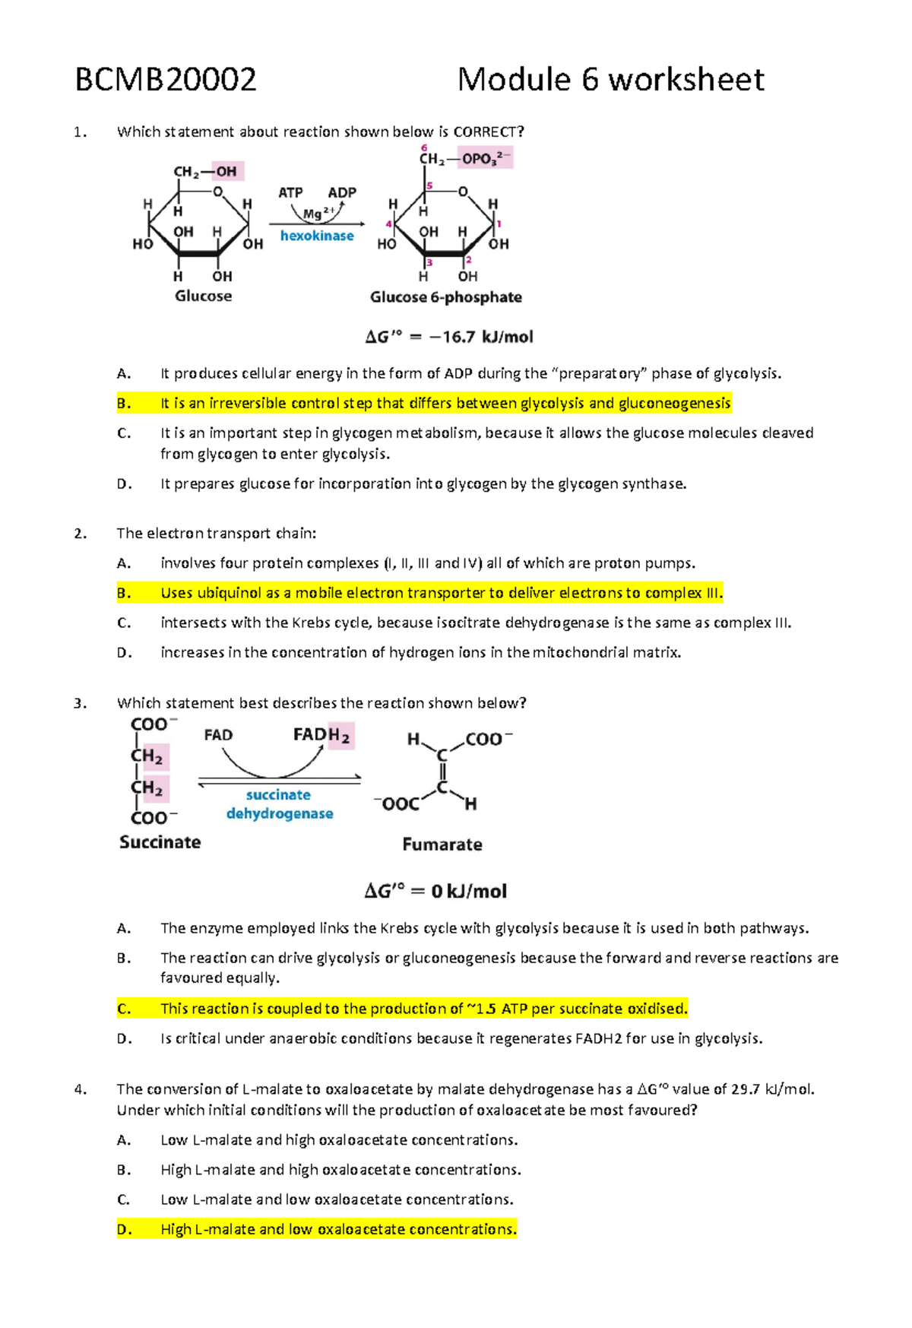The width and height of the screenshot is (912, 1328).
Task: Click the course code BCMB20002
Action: [x=166, y=80]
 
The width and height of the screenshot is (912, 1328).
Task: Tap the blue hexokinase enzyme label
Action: [x=317, y=236]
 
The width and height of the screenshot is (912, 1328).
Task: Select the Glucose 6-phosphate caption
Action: [x=445, y=297]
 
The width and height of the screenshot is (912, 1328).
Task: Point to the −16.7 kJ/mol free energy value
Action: [x=481, y=337]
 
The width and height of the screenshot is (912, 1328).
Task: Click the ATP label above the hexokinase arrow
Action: [x=290, y=192]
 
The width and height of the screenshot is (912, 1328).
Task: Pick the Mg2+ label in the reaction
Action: [x=318, y=214]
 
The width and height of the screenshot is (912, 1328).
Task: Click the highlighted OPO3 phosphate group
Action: [x=486, y=159]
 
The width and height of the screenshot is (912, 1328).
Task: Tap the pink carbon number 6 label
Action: [x=424, y=147]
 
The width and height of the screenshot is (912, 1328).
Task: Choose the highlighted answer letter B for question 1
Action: [x=124, y=404]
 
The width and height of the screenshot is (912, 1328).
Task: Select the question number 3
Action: [x=80, y=703]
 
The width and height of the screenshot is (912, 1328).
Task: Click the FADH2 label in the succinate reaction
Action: [x=322, y=735]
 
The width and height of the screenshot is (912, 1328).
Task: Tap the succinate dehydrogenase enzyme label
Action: [x=279, y=804]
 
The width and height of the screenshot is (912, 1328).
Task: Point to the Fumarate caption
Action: [x=442, y=845]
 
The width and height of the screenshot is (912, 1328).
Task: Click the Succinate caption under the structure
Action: [x=160, y=842]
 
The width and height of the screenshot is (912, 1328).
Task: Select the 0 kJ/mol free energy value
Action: [x=468, y=891]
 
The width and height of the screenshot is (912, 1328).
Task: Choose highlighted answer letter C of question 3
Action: [x=124, y=1009]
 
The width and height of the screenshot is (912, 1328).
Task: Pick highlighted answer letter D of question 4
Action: [x=124, y=1229]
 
